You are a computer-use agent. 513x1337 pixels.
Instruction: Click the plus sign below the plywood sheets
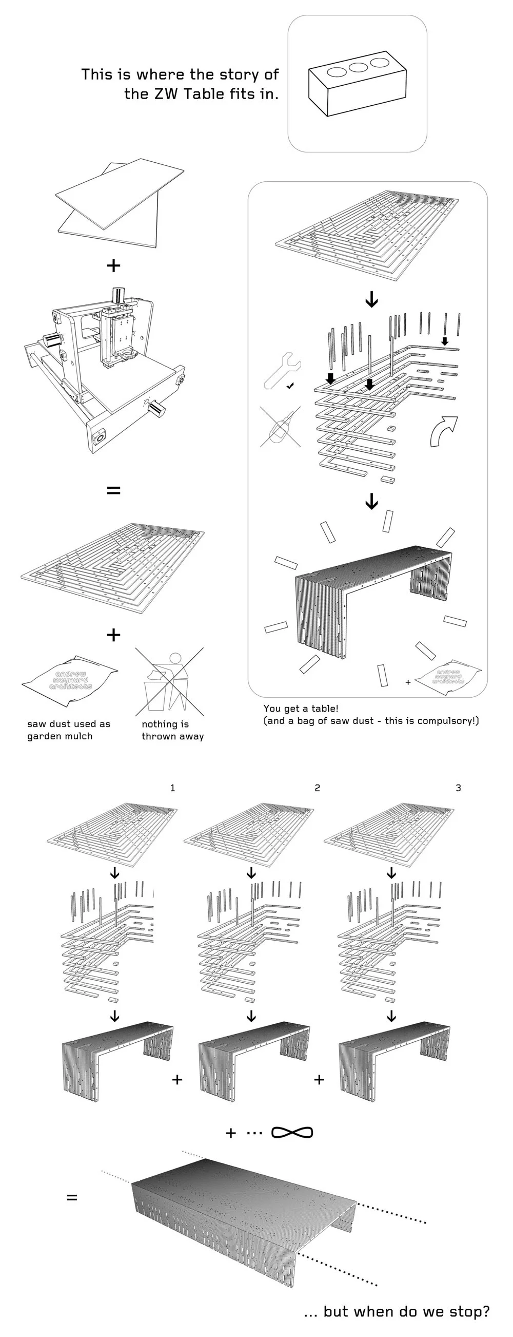click(x=113, y=266)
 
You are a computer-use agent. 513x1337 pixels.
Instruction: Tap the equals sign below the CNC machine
click(x=113, y=489)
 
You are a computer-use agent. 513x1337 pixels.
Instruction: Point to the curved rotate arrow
click(x=444, y=430)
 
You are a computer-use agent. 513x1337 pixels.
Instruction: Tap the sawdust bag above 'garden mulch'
click(x=70, y=680)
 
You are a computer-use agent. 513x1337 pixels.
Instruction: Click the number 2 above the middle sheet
click(x=317, y=788)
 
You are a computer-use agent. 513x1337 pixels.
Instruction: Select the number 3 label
click(x=458, y=788)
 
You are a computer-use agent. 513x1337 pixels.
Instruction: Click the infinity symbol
click(x=292, y=1133)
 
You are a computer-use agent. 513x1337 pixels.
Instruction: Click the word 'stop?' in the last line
click(x=469, y=1311)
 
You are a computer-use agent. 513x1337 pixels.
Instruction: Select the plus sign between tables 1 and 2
click(x=177, y=1080)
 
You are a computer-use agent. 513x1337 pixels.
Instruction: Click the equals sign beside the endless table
click(x=72, y=1198)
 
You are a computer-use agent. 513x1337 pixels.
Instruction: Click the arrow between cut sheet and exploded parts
click(x=371, y=299)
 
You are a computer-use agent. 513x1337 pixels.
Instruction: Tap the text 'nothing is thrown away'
click(x=172, y=730)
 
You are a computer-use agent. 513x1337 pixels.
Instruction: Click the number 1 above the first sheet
click(x=173, y=788)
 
